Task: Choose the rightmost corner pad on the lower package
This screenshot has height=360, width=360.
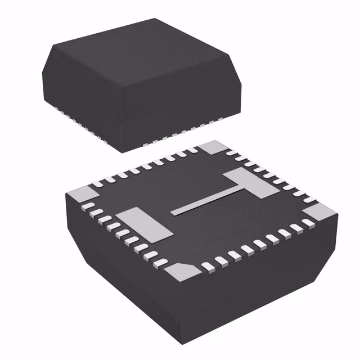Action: click(x=321, y=213)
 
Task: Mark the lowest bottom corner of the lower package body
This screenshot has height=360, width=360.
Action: click(x=178, y=344)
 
